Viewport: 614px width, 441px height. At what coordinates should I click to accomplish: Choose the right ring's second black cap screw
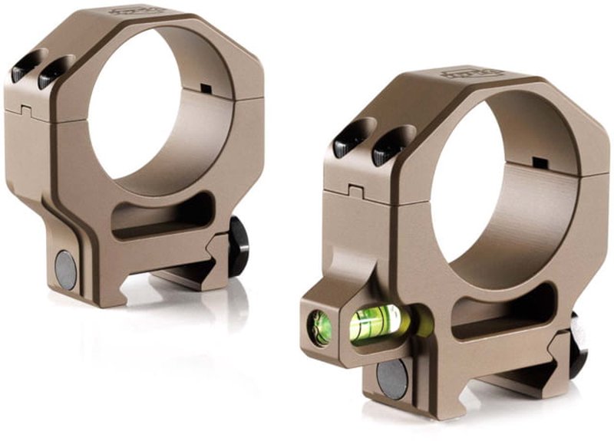click(387, 150)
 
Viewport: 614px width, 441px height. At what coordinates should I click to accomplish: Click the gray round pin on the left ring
click(66, 270)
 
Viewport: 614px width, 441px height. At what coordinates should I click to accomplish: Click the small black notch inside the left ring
click(205, 88)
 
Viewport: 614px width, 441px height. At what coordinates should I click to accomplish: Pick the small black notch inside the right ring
click(540, 162)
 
